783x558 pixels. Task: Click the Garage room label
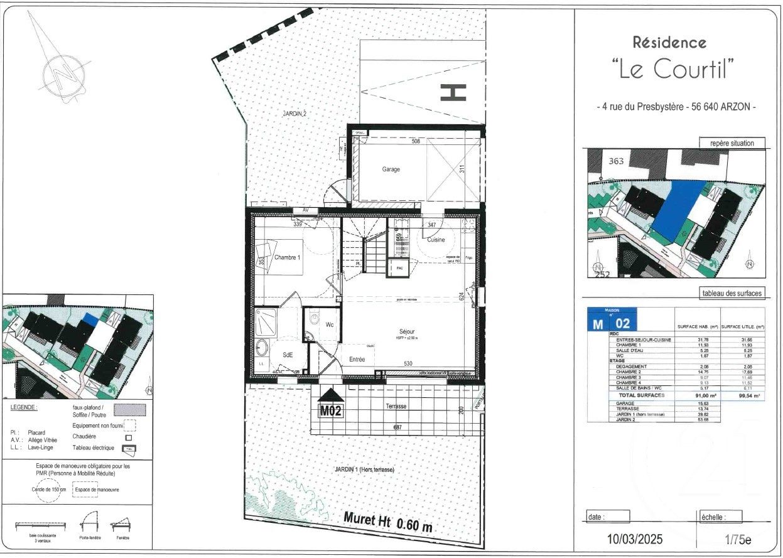point(391,169)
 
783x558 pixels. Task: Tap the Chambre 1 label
point(287,257)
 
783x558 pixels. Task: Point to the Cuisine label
point(436,240)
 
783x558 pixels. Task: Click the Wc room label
point(329,325)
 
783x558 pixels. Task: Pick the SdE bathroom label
point(288,355)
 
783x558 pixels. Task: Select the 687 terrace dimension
point(397,428)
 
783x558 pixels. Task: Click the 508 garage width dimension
point(415,141)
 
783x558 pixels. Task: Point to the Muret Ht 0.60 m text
point(388,522)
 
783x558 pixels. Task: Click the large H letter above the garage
point(453,92)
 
